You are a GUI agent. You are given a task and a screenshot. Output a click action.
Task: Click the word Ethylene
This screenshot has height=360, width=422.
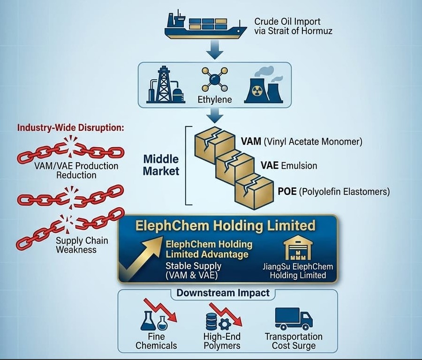click(215, 100)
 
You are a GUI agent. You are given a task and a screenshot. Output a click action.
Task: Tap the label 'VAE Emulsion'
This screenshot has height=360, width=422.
click(289, 166)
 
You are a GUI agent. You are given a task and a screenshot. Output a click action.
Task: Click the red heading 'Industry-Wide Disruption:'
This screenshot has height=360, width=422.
click(70, 127)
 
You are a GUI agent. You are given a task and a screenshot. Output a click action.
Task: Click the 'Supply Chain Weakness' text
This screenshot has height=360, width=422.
click(82, 245)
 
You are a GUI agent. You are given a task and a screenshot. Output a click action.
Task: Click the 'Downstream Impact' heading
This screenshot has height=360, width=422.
click(223, 293)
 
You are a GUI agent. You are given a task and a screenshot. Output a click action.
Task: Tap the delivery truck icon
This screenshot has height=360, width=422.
click(294, 319)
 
